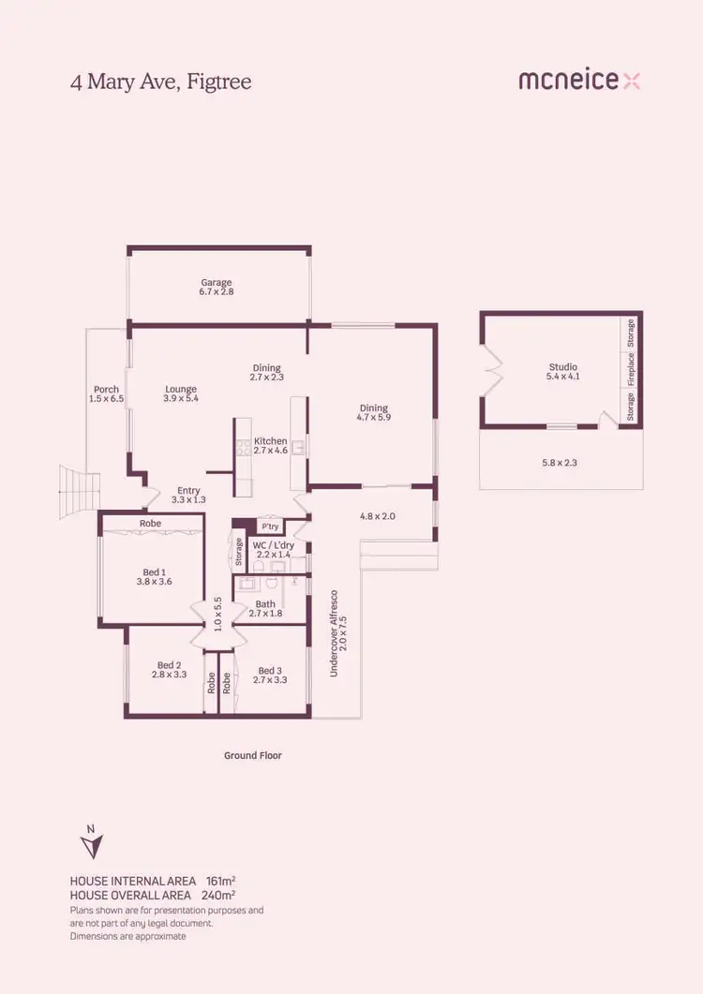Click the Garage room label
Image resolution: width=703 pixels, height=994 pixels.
point(216,282)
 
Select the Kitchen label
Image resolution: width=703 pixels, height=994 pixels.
point(270,440)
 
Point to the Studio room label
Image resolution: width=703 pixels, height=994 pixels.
point(562,367)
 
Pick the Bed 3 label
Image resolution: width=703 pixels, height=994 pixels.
point(270,670)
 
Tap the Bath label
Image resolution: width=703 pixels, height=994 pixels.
point(265,604)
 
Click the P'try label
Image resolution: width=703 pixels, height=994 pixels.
point(270,527)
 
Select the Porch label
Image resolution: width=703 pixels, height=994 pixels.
point(106,389)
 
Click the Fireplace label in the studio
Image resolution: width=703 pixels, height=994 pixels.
point(631,369)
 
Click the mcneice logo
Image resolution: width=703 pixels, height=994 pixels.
point(579,81)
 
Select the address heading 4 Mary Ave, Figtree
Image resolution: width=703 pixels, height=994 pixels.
point(161,82)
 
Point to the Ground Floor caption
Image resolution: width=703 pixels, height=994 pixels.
point(252,755)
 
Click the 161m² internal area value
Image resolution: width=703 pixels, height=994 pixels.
point(219,881)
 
